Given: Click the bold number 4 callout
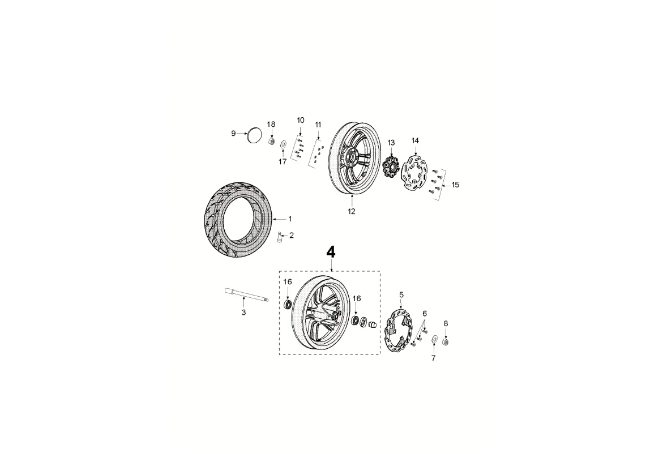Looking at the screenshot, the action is pyautogui.click(x=331, y=253).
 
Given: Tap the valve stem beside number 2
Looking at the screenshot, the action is pyautogui.click(x=279, y=237).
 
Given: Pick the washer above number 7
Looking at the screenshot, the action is pyautogui.click(x=434, y=339).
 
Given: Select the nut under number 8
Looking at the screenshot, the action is pyautogui.click(x=445, y=340).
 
